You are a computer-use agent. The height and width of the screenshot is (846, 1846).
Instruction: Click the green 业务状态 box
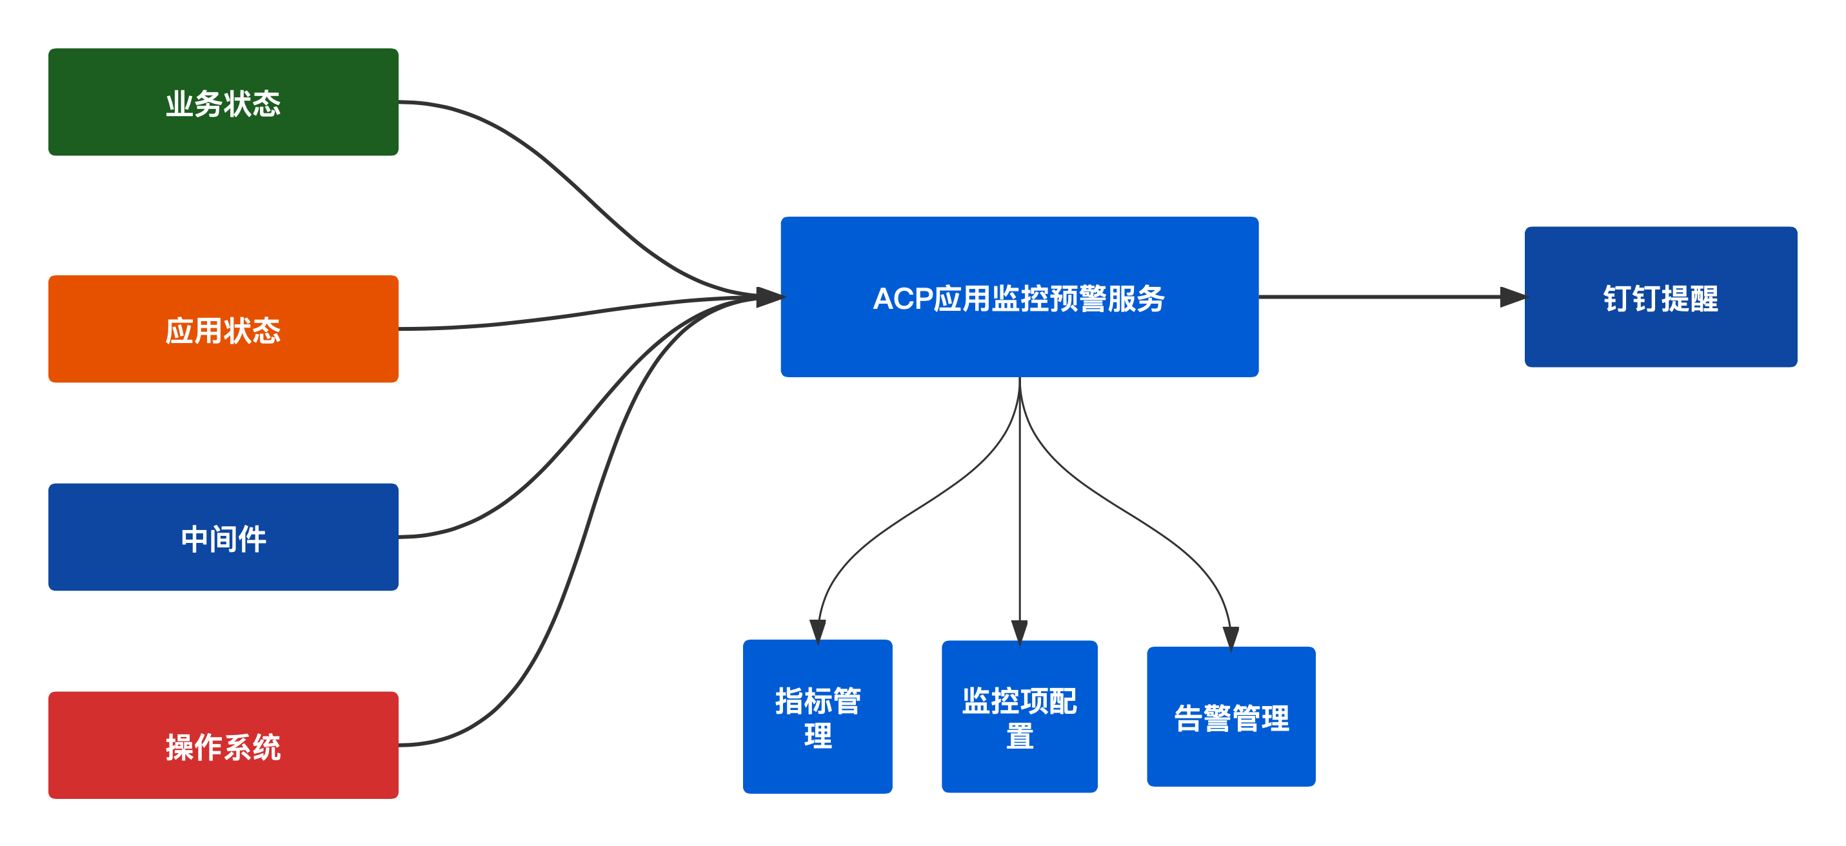tap(223, 102)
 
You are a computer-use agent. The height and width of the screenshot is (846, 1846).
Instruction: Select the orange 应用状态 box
tap(223, 329)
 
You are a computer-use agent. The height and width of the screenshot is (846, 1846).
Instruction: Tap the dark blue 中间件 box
tap(223, 536)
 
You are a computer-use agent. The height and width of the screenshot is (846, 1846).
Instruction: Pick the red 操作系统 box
tap(223, 745)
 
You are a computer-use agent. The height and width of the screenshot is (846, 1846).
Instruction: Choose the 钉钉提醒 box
tap(1660, 297)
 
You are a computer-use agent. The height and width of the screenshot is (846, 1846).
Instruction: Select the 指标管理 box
tap(817, 716)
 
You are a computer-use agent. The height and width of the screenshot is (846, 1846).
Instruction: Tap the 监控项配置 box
tap(1019, 716)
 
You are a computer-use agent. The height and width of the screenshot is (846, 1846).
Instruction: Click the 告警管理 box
tap(1231, 716)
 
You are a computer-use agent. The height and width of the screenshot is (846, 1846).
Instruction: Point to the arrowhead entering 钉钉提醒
tap(1512, 297)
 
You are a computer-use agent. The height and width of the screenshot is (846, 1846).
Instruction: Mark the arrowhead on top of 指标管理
tap(818, 630)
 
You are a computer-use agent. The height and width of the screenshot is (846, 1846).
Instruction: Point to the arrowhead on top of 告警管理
tap(1231, 636)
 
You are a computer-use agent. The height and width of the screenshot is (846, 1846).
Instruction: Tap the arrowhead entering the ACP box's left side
tap(769, 297)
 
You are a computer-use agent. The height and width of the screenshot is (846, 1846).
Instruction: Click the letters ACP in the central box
tap(902, 299)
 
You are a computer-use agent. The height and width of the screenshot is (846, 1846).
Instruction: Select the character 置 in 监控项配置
tap(1019, 736)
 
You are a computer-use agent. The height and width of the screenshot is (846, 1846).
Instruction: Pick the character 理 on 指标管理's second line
tap(818, 736)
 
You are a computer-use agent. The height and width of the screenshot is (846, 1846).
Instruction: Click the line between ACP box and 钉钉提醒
tap(1383, 297)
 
